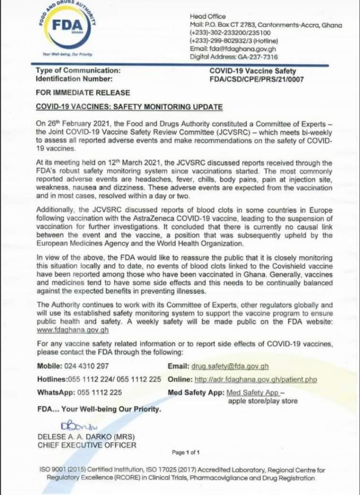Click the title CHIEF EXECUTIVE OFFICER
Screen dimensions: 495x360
point(86,445)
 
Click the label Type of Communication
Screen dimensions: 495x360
point(78,71)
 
